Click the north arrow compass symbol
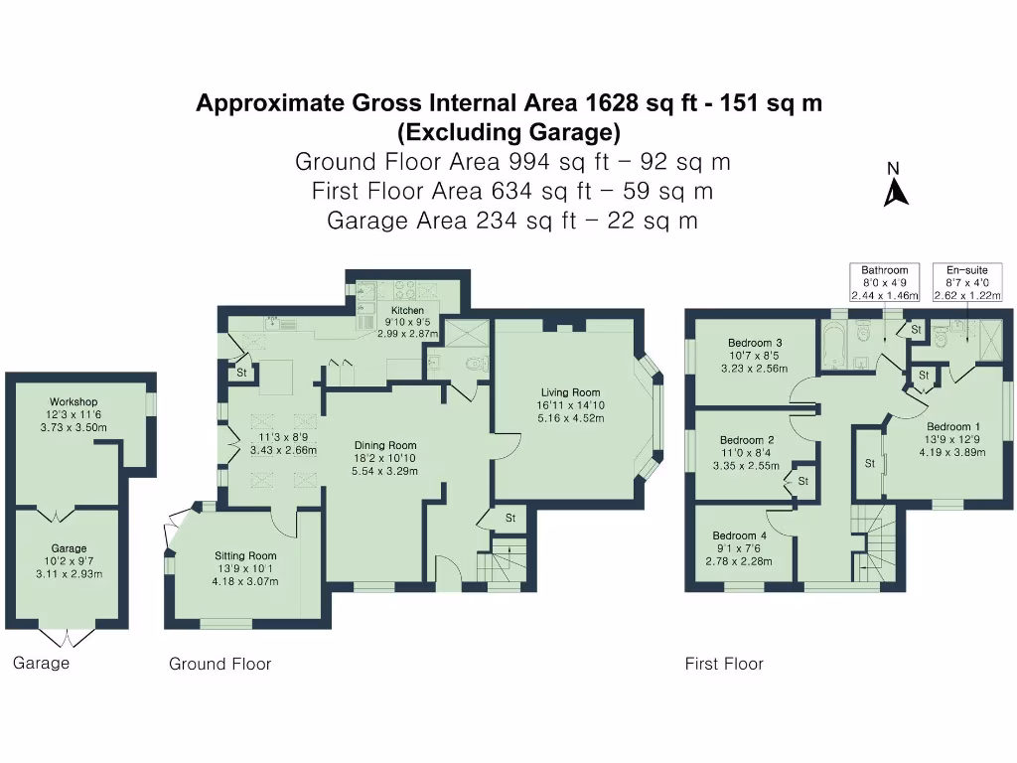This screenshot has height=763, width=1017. point(896,190)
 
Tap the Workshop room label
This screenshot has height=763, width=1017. point(74,402)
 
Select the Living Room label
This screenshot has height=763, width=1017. point(570,392)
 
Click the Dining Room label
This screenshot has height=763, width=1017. point(386,445)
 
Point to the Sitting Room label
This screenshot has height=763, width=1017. point(245,555)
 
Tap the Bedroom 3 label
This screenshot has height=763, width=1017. point(755,343)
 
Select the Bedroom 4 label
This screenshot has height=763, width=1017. point(739,535)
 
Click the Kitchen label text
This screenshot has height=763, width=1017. point(407,311)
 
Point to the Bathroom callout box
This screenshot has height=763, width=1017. point(885,282)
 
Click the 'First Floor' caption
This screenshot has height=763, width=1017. point(724,664)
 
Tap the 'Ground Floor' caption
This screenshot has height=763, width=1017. point(219,664)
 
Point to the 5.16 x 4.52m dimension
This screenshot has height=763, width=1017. point(570,418)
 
